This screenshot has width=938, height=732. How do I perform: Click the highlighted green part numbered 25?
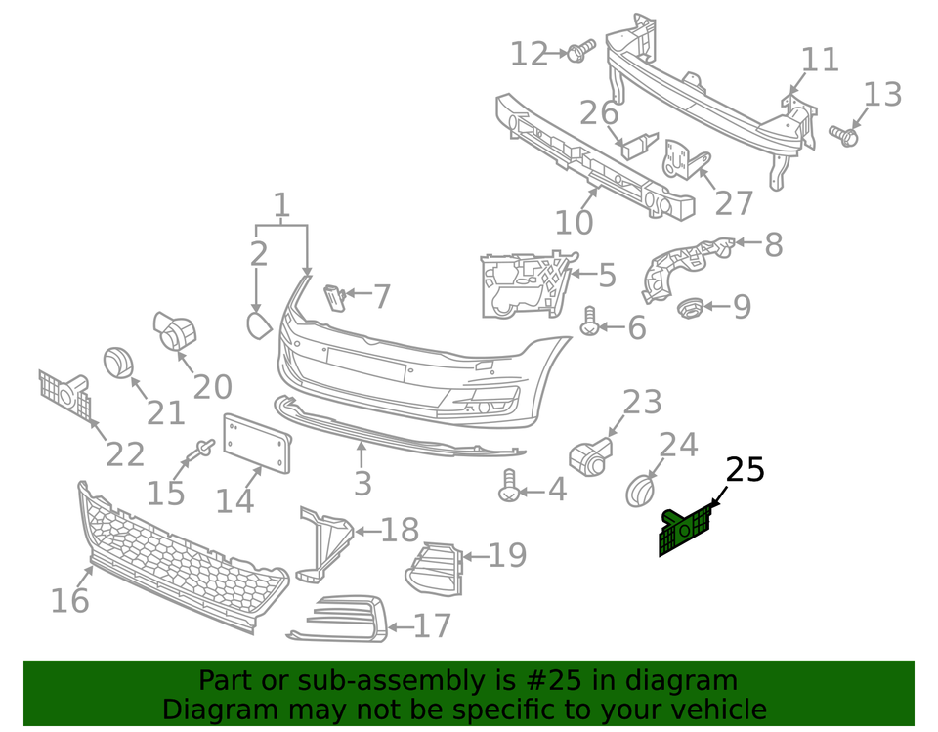(x=687, y=531)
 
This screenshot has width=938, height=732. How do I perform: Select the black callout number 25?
(x=745, y=470)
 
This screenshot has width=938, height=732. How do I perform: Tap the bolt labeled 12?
(x=580, y=49)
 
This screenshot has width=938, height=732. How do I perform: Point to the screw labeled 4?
(x=509, y=487)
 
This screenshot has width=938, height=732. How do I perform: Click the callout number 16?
(x=69, y=599)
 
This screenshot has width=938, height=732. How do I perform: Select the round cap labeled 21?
(x=118, y=362)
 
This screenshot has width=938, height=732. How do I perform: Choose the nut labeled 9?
(x=690, y=309)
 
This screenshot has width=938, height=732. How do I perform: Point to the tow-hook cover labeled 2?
(x=258, y=323)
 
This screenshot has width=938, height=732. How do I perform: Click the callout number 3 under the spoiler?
(x=362, y=483)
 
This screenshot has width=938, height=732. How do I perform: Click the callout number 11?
(x=820, y=60)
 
